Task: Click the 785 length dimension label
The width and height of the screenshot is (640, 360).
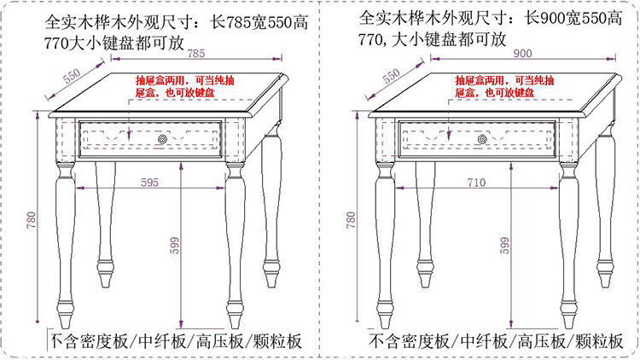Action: [196, 54]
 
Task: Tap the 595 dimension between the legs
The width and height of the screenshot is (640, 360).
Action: [149, 181]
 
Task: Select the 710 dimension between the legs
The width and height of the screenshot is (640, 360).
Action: [476, 181]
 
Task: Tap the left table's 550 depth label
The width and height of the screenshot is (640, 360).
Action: [72, 76]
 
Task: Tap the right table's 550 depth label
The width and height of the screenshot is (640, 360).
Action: [391, 76]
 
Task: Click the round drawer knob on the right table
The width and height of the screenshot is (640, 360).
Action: [483, 138]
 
